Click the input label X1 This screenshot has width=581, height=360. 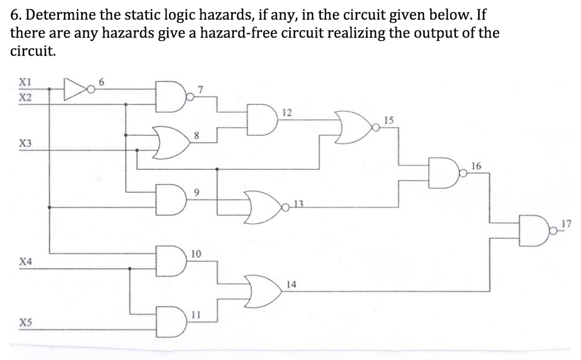(x=25, y=81)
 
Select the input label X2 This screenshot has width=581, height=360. (x=25, y=97)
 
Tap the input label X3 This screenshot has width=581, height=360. (x=25, y=143)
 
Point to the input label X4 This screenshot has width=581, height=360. (x=25, y=262)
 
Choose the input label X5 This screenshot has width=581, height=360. (x=25, y=322)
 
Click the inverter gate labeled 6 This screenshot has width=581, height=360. (x=74, y=89)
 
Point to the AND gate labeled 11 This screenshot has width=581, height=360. (x=171, y=320)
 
